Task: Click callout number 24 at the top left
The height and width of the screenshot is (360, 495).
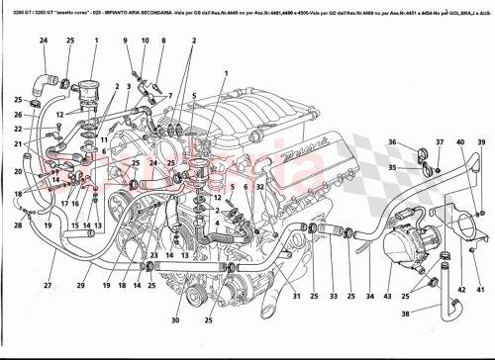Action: coord(43,40)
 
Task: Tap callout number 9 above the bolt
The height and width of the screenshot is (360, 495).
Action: coord(127,40)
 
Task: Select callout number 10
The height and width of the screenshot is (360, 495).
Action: coord(144,40)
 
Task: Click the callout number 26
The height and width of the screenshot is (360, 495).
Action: coord(18,115)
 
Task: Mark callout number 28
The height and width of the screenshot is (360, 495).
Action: coord(17,225)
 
